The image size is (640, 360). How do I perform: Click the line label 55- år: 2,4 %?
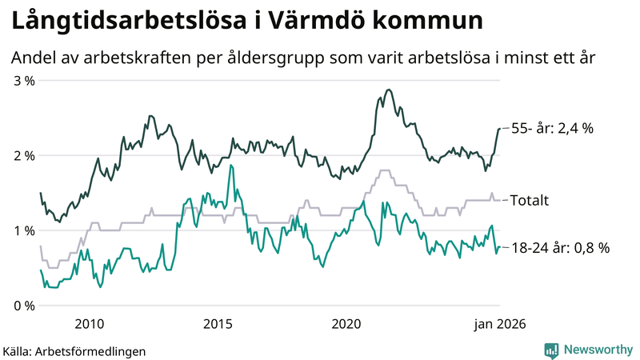click(x=552, y=128)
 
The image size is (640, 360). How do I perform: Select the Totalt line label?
click(x=529, y=200)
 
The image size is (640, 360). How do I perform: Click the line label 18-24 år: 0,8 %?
click(x=560, y=248)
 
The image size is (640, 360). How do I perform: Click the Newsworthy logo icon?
click(x=551, y=350)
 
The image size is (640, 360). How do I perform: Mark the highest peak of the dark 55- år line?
click(x=389, y=90)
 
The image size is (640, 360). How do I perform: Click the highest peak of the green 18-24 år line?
click(x=231, y=166)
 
